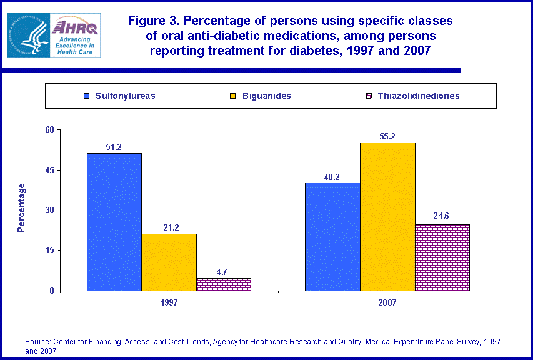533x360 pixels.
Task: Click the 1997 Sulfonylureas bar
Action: pos(114,222)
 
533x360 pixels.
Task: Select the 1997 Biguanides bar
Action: pos(169,262)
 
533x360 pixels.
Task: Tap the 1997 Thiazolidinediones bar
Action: pos(223,284)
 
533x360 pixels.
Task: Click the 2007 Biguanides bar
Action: pos(387,216)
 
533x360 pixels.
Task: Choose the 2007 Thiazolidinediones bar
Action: pos(442,257)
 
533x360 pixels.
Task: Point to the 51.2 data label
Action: pos(114,147)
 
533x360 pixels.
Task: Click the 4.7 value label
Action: pos(223,272)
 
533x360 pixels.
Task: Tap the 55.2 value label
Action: pos(387,137)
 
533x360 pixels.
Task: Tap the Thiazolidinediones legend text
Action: pos(419,96)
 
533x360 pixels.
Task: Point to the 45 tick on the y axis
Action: pos(51,170)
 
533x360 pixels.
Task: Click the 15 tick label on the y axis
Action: pos(51,251)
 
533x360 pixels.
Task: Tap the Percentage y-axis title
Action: pos(22,208)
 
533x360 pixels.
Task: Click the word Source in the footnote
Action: pos(37,342)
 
